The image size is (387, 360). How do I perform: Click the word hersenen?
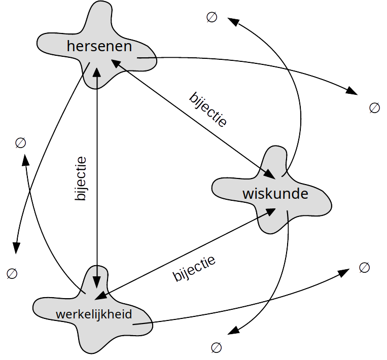pos(99,47)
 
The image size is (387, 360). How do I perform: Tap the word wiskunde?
pos(275,194)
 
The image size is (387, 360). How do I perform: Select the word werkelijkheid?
pos(94,314)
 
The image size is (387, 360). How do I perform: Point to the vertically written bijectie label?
pos(81,179)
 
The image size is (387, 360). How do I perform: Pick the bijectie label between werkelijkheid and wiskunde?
pos(194,269)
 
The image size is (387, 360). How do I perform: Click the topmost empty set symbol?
pos(212,17)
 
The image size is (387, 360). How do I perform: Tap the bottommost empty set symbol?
pos(216,347)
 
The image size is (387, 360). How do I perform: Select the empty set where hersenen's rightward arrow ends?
pos(374,107)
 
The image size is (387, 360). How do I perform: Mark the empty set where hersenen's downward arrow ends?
pos(12,273)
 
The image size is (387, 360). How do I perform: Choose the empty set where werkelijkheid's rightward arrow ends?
pos(364,267)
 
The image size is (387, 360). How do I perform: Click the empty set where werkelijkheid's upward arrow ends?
pos(20,143)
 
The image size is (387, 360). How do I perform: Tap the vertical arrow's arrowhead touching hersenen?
pos(96,67)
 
